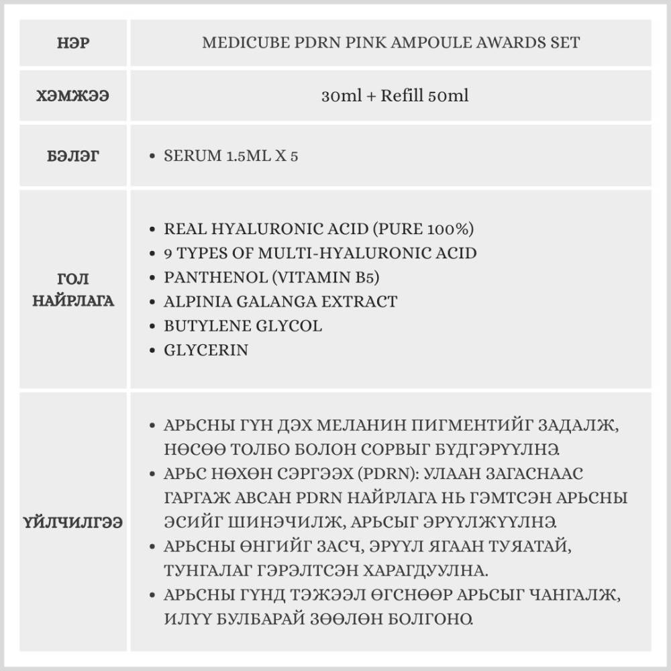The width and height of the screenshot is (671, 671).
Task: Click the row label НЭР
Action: pyautogui.click(x=74, y=43)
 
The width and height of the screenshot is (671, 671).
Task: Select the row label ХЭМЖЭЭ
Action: pyautogui.click(x=74, y=95)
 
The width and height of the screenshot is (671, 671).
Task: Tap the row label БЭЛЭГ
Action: pyautogui.click(x=74, y=156)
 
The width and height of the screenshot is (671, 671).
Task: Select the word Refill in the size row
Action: pyautogui.click(x=402, y=95)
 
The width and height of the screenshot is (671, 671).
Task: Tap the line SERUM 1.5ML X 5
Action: pyautogui.click(x=231, y=156)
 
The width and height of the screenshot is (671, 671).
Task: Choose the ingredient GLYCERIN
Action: pyautogui.click(x=206, y=350)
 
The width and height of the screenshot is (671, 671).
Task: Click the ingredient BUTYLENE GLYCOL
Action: pyautogui.click(x=243, y=325)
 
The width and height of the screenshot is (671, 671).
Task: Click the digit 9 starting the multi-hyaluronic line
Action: pyautogui.click(x=168, y=253)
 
